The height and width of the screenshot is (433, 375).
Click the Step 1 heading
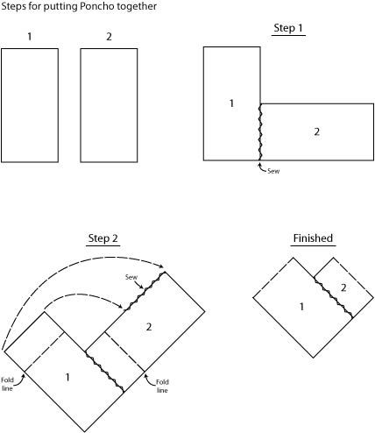pos(288,28)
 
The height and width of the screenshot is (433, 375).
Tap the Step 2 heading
pos(103,238)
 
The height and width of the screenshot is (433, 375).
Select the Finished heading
pos(313,238)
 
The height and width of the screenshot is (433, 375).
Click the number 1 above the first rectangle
pos(30,37)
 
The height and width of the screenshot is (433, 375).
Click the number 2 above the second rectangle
pos(109,37)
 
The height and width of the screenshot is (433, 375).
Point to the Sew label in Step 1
pos(273,171)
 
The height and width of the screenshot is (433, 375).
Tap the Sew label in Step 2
pos(131,277)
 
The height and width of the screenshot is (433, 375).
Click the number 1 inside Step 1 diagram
pos(231,103)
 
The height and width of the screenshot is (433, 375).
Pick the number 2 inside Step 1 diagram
pos(317,131)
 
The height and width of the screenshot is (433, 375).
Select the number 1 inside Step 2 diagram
pos(67,377)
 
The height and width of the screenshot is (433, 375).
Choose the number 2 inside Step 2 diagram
pos(149,327)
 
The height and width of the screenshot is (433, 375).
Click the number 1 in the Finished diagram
pos(301,307)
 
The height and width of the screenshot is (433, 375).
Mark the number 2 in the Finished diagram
pos(343,287)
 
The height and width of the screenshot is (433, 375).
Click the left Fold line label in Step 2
pos(7,384)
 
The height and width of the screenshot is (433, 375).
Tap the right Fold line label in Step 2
pos(162,387)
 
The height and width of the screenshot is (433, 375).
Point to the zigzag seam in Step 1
pos(260,132)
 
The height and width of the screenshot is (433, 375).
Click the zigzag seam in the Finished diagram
pos(333,297)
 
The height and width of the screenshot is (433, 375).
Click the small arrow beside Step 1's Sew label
pos(261,167)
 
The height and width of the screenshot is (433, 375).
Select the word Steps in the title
pos(13,6)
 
